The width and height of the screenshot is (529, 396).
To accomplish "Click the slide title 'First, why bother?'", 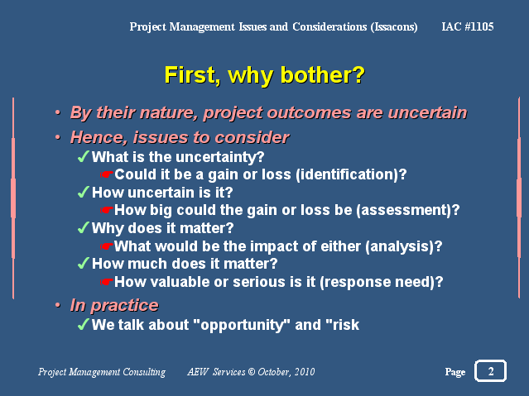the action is (x=265, y=75).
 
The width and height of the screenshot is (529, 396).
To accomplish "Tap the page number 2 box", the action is (x=491, y=371).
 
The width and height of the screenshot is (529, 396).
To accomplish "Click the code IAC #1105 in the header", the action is (x=468, y=26).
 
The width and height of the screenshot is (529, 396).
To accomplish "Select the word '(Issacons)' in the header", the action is (x=394, y=27).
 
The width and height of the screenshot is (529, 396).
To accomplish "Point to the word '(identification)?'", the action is (x=351, y=174).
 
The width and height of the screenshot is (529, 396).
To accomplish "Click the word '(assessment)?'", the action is (x=408, y=210).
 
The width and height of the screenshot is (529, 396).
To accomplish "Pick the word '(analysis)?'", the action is (x=403, y=246).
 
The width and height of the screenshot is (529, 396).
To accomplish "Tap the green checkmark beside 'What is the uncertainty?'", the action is (x=83, y=156).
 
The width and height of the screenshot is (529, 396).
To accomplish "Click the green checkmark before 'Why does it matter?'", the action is (x=83, y=228).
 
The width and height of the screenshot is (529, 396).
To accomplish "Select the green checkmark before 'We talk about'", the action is (x=83, y=324).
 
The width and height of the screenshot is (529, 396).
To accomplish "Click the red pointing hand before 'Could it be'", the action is (x=106, y=174).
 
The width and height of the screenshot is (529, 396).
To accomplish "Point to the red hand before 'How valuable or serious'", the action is (x=106, y=282).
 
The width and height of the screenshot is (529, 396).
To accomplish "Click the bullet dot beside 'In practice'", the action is (x=58, y=305).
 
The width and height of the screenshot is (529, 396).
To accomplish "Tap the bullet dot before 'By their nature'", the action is (x=58, y=112).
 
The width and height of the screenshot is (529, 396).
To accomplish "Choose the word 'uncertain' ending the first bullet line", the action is (x=427, y=112).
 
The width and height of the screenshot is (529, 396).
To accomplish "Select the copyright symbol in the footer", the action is (x=252, y=372).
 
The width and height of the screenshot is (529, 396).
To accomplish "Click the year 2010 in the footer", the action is (x=305, y=372).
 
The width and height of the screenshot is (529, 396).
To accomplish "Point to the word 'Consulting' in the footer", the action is (x=144, y=372).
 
